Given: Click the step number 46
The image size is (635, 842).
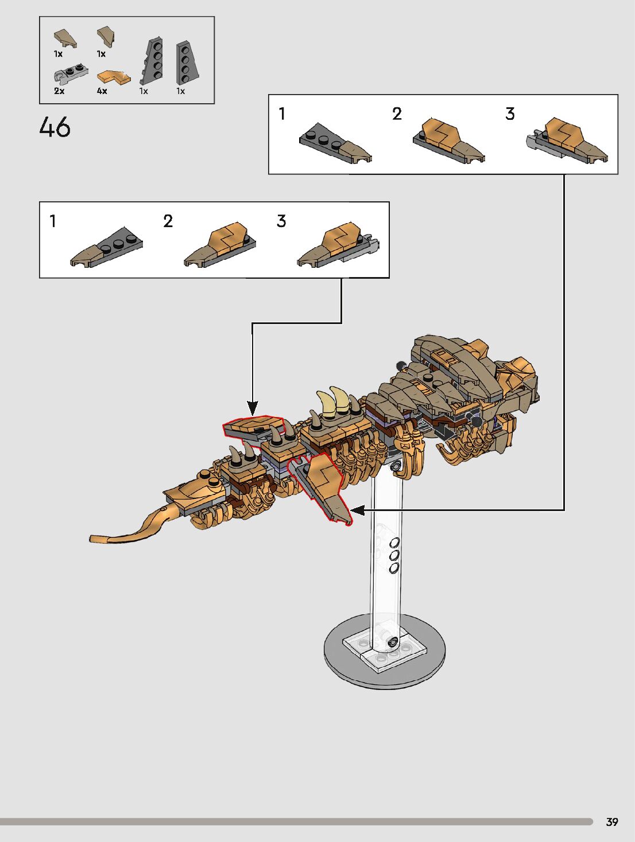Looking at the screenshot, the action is pyautogui.click(x=55, y=127).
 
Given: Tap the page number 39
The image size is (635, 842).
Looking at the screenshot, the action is pyautogui.click(x=612, y=822).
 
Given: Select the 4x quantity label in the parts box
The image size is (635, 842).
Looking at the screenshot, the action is pyautogui.click(x=102, y=91).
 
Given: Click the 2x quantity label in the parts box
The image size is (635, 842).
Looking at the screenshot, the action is pyautogui.click(x=59, y=91).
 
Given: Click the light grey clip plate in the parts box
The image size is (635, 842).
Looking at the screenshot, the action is pyautogui.click(x=71, y=73).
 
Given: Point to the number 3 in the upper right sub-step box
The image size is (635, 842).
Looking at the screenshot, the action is pyautogui.click(x=510, y=114).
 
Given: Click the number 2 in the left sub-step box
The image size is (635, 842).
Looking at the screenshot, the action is pyautogui.click(x=168, y=221).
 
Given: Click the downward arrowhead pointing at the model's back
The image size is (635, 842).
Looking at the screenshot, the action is pyautogui.click(x=252, y=408).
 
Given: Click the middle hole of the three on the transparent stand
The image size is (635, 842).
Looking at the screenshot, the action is pyautogui.click(x=394, y=555).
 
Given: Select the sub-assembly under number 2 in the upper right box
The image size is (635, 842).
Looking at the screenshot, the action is pyautogui.click(x=448, y=142).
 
